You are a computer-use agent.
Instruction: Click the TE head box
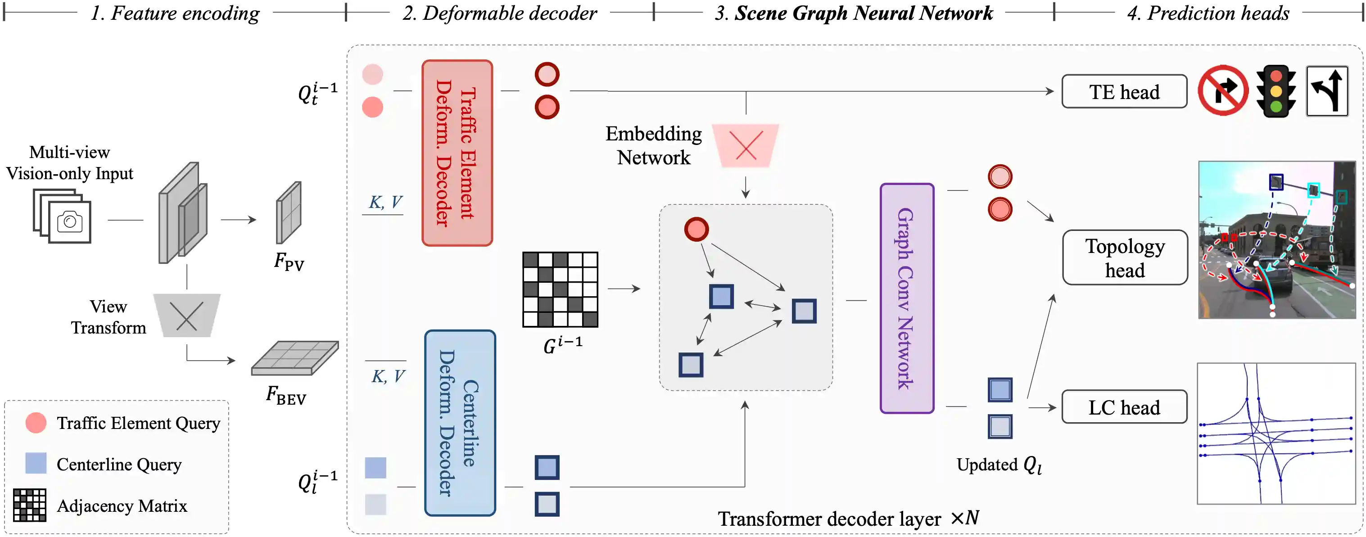[1124, 92]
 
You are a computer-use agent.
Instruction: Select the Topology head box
[1124, 257]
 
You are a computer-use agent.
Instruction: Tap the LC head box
[1124, 407]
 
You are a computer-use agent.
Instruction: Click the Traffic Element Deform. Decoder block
[457, 153]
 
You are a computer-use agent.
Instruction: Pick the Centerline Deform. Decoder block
[460, 423]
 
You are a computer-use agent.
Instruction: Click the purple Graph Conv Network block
[906, 298]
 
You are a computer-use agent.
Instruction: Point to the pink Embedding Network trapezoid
[745, 145]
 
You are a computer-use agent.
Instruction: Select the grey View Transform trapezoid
[187, 316]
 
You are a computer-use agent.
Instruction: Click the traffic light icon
[1276, 91]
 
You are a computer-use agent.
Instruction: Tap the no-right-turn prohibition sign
[1223, 90]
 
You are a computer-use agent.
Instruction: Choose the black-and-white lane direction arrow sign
[1327, 91]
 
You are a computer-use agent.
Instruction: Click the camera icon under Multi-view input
[69, 221]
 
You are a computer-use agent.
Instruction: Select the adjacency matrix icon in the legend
[29, 505]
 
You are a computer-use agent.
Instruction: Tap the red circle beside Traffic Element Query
[36, 423]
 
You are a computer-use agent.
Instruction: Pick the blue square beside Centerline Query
[36, 463]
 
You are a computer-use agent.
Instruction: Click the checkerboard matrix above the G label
[560, 289]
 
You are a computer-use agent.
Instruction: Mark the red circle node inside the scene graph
[696, 230]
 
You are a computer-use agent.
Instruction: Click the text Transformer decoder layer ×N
[848, 519]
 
